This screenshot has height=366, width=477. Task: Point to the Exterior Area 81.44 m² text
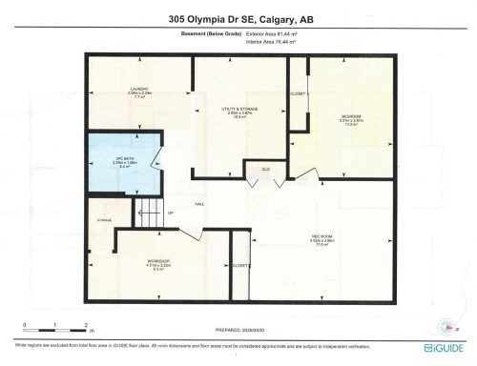(x=269, y=36)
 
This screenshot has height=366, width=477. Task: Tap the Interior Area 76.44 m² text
(x=269, y=43)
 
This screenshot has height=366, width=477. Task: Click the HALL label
(x=200, y=204)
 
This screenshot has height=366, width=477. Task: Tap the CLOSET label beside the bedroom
(x=298, y=94)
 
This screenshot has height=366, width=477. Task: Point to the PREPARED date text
(x=238, y=331)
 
